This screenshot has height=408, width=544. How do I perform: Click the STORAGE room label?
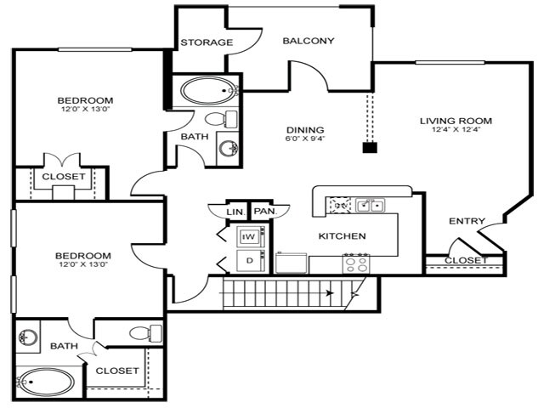point(207,42)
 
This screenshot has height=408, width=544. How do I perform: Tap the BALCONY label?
point(308,41)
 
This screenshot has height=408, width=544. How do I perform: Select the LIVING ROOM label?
point(456,121)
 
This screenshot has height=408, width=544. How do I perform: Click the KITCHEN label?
point(343,235)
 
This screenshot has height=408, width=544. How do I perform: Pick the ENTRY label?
point(467,221)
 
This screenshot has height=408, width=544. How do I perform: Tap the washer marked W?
point(249,236)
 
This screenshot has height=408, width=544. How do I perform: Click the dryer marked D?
point(249,260)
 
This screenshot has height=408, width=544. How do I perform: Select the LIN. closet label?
point(235,211)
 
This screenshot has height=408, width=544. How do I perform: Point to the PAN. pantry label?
point(264,211)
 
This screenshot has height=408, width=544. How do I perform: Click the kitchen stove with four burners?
point(355,263)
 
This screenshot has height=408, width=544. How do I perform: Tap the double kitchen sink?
point(370,205)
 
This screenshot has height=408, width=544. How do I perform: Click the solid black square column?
point(369,147)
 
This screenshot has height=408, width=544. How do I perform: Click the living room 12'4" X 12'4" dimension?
point(456,131)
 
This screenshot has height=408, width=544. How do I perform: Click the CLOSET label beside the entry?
point(466,260)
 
